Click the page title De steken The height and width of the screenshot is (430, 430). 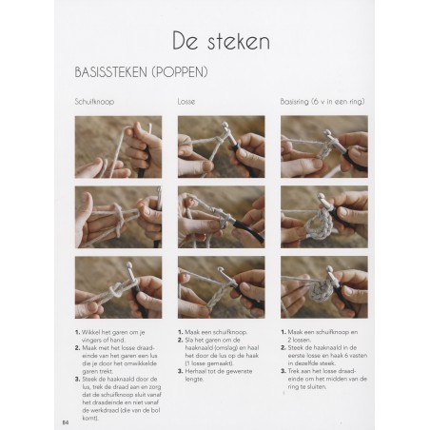(221, 41)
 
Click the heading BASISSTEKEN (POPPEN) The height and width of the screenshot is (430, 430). (142, 71)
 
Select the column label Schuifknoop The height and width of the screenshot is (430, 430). (95, 100)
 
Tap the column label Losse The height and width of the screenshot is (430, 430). (187, 100)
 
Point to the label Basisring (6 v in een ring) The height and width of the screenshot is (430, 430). (322, 100)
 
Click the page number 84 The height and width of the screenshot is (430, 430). (67, 421)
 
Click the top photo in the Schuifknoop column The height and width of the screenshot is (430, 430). (118, 147)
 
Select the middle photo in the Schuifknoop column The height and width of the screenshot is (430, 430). (118, 216)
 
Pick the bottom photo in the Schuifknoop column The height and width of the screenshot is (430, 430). (118, 285)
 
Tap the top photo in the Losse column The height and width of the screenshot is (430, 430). (221, 147)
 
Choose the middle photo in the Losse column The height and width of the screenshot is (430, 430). (221, 216)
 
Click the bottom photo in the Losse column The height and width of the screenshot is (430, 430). (221, 285)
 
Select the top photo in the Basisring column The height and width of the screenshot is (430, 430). (323, 147)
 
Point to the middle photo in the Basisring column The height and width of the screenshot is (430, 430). (323, 216)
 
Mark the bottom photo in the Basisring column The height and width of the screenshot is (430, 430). (323, 285)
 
